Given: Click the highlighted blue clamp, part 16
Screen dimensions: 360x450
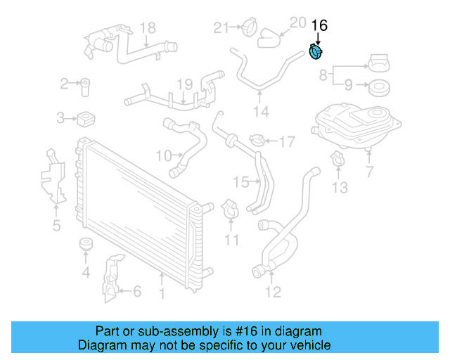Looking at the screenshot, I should coord(318,53).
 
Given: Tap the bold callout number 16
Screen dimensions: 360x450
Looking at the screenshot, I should coord(319,25).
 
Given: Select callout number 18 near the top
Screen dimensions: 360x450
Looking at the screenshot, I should coord(147,28).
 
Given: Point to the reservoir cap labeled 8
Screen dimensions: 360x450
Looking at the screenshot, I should coord(378,63).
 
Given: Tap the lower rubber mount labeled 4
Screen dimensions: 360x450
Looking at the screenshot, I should coord(86,246).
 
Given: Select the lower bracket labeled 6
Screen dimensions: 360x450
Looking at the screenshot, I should coord(110,281).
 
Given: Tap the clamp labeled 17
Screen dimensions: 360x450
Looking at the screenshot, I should coord(257,142).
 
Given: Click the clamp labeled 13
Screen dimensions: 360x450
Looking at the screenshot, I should coord(337,160).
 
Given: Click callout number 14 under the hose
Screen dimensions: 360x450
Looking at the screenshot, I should coord(261,111).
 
